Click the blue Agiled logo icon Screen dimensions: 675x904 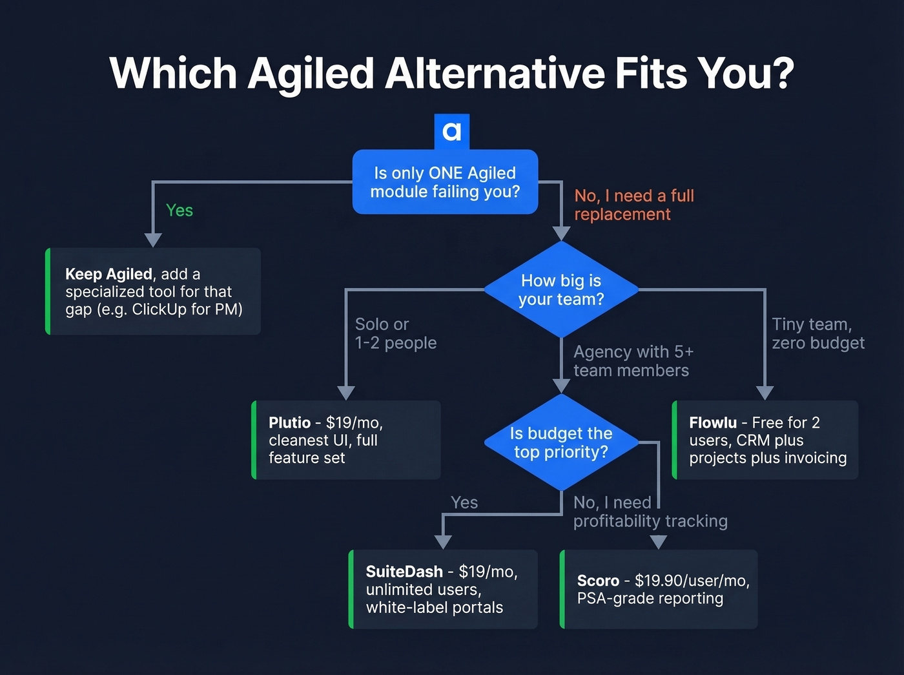(452, 132)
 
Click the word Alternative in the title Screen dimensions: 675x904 (495, 73)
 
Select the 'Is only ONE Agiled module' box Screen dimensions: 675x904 (445, 182)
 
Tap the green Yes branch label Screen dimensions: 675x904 (179, 211)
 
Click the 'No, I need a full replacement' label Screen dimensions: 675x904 (633, 205)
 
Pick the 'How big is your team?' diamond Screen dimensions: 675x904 (561, 290)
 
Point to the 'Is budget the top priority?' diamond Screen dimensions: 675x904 (561, 442)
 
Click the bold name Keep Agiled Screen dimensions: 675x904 (108, 274)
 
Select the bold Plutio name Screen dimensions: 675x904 (289, 422)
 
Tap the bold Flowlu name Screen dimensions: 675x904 (712, 422)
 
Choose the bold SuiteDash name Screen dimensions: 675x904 (404, 572)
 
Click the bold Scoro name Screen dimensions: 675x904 (598, 581)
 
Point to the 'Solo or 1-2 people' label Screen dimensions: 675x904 (395, 333)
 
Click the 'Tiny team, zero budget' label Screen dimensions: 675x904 (817, 333)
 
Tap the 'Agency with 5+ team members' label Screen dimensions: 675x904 (633, 361)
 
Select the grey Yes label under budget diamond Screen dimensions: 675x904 (464, 503)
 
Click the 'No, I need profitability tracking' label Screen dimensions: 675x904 (650, 512)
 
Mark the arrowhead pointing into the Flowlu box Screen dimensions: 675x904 (765, 393)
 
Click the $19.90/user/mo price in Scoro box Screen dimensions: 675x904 (692, 581)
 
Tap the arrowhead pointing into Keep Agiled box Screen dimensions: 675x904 (153, 240)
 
